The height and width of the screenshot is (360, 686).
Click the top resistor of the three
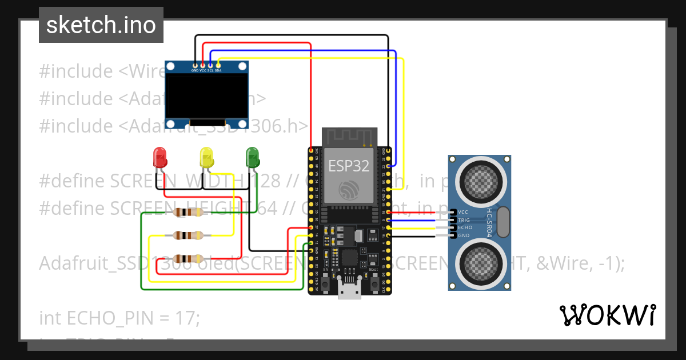pyautogui.click(x=188, y=213)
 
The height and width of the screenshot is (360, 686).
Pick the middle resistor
pyautogui.click(x=188, y=235)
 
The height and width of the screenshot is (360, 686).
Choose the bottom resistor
pyautogui.click(x=188, y=258)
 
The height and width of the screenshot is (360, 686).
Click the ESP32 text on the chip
pyautogui.click(x=348, y=166)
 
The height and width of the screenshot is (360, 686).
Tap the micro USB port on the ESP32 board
pyautogui.click(x=349, y=291)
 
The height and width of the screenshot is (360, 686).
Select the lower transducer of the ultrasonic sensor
pyautogui.click(x=479, y=262)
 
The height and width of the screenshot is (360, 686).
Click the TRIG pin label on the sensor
pyautogui.click(x=464, y=220)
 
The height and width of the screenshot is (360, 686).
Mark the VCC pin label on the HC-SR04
pyautogui.click(x=463, y=212)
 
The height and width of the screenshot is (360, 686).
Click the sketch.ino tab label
pyautogui.click(x=101, y=25)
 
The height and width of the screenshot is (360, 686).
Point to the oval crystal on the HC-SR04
pyautogui.click(x=502, y=222)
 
